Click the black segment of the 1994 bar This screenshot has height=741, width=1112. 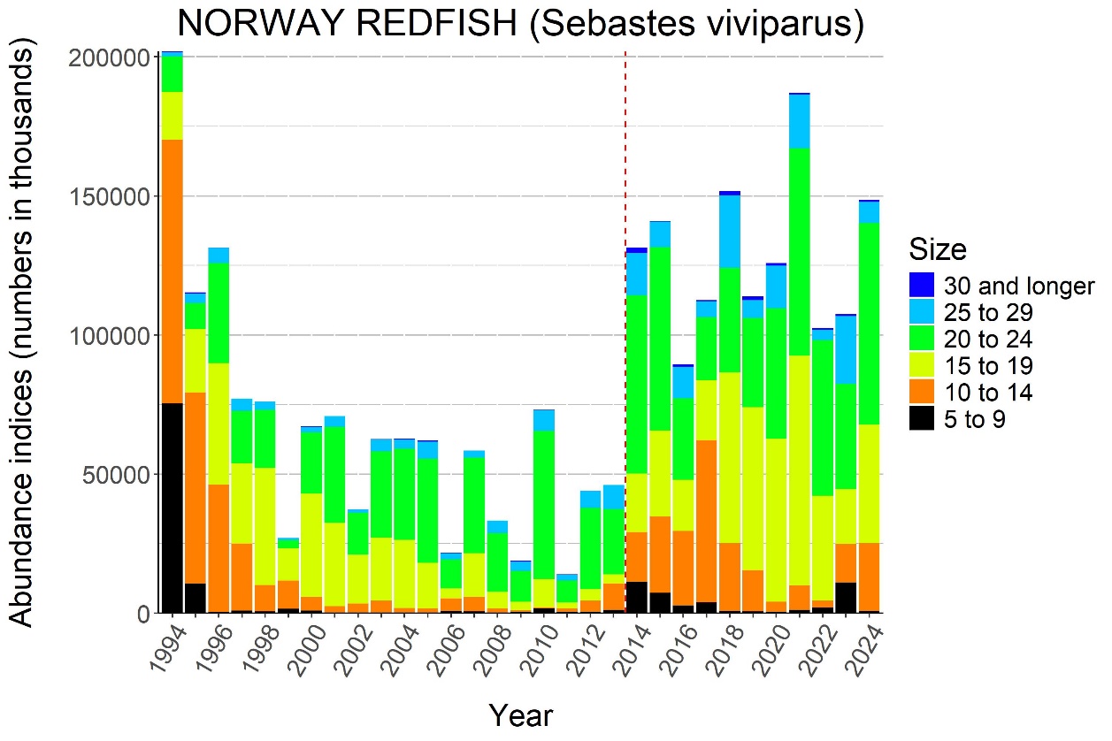click(x=172, y=508)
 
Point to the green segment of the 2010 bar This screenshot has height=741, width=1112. click(x=544, y=505)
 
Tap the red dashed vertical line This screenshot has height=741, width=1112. click(x=625, y=265)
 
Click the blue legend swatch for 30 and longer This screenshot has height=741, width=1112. click(x=922, y=285)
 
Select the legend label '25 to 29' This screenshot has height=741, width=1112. click(x=986, y=312)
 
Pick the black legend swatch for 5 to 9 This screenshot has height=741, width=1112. click(x=922, y=419)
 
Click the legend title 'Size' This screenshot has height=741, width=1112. click(x=938, y=249)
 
